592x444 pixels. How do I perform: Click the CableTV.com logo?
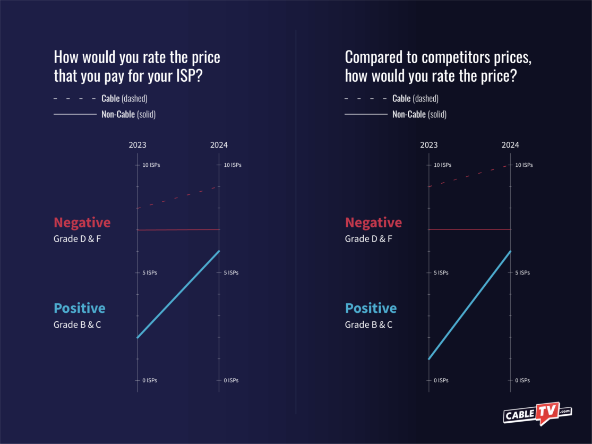pos(537,413)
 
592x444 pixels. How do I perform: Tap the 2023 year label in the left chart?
pos(138,145)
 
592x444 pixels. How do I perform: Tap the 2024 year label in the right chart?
pos(510,145)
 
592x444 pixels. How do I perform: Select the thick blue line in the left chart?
pos(178,294)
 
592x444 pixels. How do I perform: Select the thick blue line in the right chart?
pos(470,305)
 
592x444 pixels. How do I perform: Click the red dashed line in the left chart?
pos(178,197)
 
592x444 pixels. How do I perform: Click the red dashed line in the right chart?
pos(470,176)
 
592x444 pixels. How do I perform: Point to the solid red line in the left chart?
pos(178,230)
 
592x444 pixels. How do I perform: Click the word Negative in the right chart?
pos(373,223)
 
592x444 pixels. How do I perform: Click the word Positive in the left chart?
pos(80,308)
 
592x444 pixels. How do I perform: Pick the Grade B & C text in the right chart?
pos(368,325)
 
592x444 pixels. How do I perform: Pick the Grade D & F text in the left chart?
pos(77,239)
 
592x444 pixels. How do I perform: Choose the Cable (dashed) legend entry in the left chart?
pos(124,99)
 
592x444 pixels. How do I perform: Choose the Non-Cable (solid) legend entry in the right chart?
pos(419,114)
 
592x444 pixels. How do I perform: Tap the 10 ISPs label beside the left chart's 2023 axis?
pos(151,165)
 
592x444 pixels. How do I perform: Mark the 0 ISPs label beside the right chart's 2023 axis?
pos(441,380)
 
